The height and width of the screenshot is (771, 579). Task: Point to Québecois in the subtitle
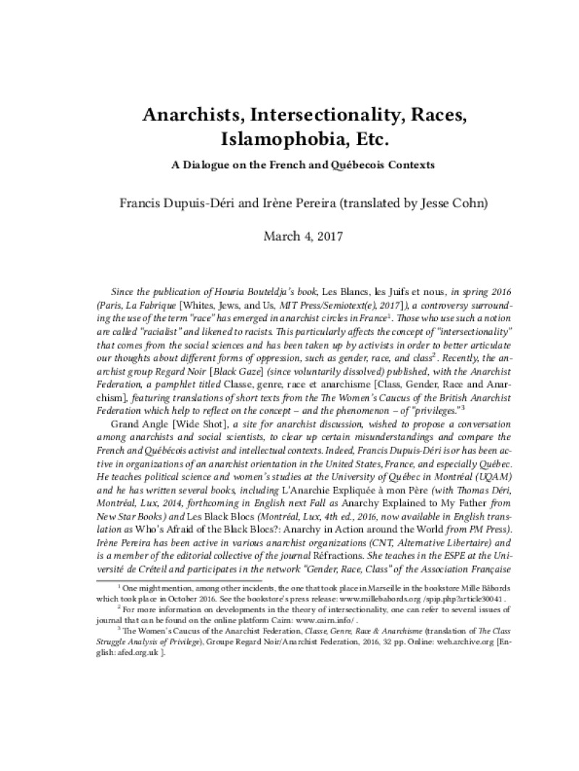point(352,164)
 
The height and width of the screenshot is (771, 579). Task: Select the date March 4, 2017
point(289,236)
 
